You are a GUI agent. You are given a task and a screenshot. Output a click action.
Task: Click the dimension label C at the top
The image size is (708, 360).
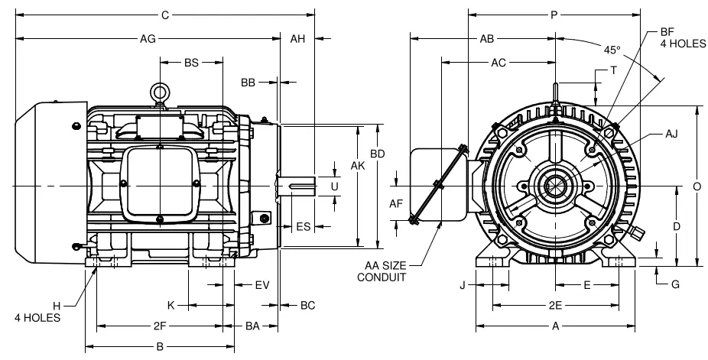[x=164, y=14]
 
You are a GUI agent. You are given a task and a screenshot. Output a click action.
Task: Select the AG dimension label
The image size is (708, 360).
[x=149, y=37]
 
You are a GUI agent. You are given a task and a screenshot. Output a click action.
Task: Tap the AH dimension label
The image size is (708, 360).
[x=298, y=37]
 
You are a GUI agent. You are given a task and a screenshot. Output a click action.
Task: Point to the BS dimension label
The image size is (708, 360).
[x=191, y=63]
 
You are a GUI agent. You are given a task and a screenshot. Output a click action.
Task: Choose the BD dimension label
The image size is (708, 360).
[x=377, y=154]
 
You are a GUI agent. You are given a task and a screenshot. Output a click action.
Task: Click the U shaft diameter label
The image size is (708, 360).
[x=334, y=186]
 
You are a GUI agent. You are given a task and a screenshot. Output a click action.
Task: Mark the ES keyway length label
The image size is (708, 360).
[x=303, y=226]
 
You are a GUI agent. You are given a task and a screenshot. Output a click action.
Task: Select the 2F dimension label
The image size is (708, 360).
[x=160, y=326]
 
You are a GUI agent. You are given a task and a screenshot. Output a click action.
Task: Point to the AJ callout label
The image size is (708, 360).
[x=671, y=133]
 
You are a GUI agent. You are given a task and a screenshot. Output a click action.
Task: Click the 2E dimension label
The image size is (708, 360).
[x=556, y=305]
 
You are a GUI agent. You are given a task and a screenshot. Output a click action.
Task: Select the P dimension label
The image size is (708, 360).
[x=554, y=14]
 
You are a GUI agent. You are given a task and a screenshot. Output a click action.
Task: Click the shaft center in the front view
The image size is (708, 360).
[x=554, y=186]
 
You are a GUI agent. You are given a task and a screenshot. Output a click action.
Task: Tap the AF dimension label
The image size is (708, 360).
[x=395, y=203]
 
